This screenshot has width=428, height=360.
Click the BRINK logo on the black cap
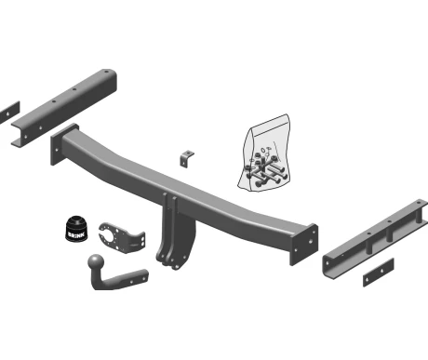[x=76, y=233]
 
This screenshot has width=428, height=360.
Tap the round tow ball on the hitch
[x=97, y=262]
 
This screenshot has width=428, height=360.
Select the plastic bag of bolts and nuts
[x=264, y=153]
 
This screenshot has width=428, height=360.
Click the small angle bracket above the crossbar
[x=186, y=158]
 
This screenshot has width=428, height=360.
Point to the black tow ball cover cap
[x=76, y=228]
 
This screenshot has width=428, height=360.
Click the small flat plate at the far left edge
[x=9, y=113]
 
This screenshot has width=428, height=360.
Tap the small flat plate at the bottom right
[x=379, y=273]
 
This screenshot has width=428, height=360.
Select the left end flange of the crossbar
[x=64, y=144]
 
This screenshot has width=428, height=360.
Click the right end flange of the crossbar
[x=304, y=245]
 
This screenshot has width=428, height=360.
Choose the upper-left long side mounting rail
[x=64, y=107]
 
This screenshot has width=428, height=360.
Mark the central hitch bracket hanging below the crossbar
[x=175, y=231]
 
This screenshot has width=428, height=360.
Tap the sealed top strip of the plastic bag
[x=269, y=122]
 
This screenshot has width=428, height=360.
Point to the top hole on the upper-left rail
[x=106, y=72]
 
